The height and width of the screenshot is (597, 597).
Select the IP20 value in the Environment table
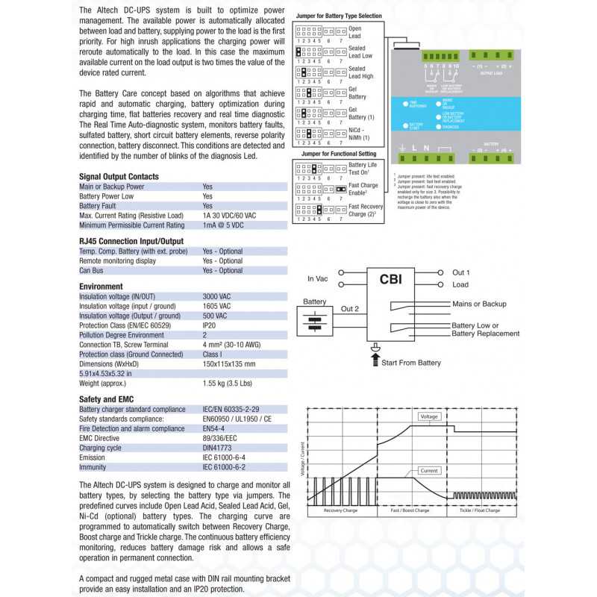210,325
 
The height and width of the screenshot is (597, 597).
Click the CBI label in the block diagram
393,281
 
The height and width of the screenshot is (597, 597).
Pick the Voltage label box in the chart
428,416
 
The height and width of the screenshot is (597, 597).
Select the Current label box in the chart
428,471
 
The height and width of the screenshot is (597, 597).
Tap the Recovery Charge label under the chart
342,510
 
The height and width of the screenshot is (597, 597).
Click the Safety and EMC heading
106,399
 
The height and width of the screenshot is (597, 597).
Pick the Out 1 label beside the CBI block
461,273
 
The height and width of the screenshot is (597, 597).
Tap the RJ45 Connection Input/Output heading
131,242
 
